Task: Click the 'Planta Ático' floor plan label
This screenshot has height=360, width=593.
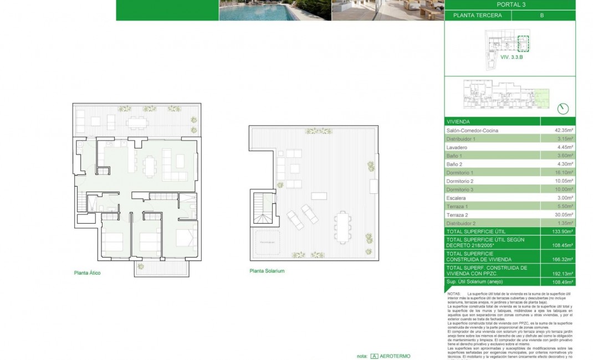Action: coord(87,273)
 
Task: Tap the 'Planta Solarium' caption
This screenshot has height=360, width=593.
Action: coord(267,271)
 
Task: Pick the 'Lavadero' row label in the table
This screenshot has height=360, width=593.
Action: coord(457,147)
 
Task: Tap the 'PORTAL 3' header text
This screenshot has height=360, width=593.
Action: coord(510,4)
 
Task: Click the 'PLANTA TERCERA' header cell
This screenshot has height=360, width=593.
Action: coord(477,16)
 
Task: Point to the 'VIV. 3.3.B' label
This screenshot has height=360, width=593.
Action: coord(512,56)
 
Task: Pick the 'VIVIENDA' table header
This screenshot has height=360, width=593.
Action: coord(458,121)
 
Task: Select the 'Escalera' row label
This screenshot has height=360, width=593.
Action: coord(456,198)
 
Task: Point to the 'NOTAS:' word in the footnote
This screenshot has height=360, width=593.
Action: coord(454,294)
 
